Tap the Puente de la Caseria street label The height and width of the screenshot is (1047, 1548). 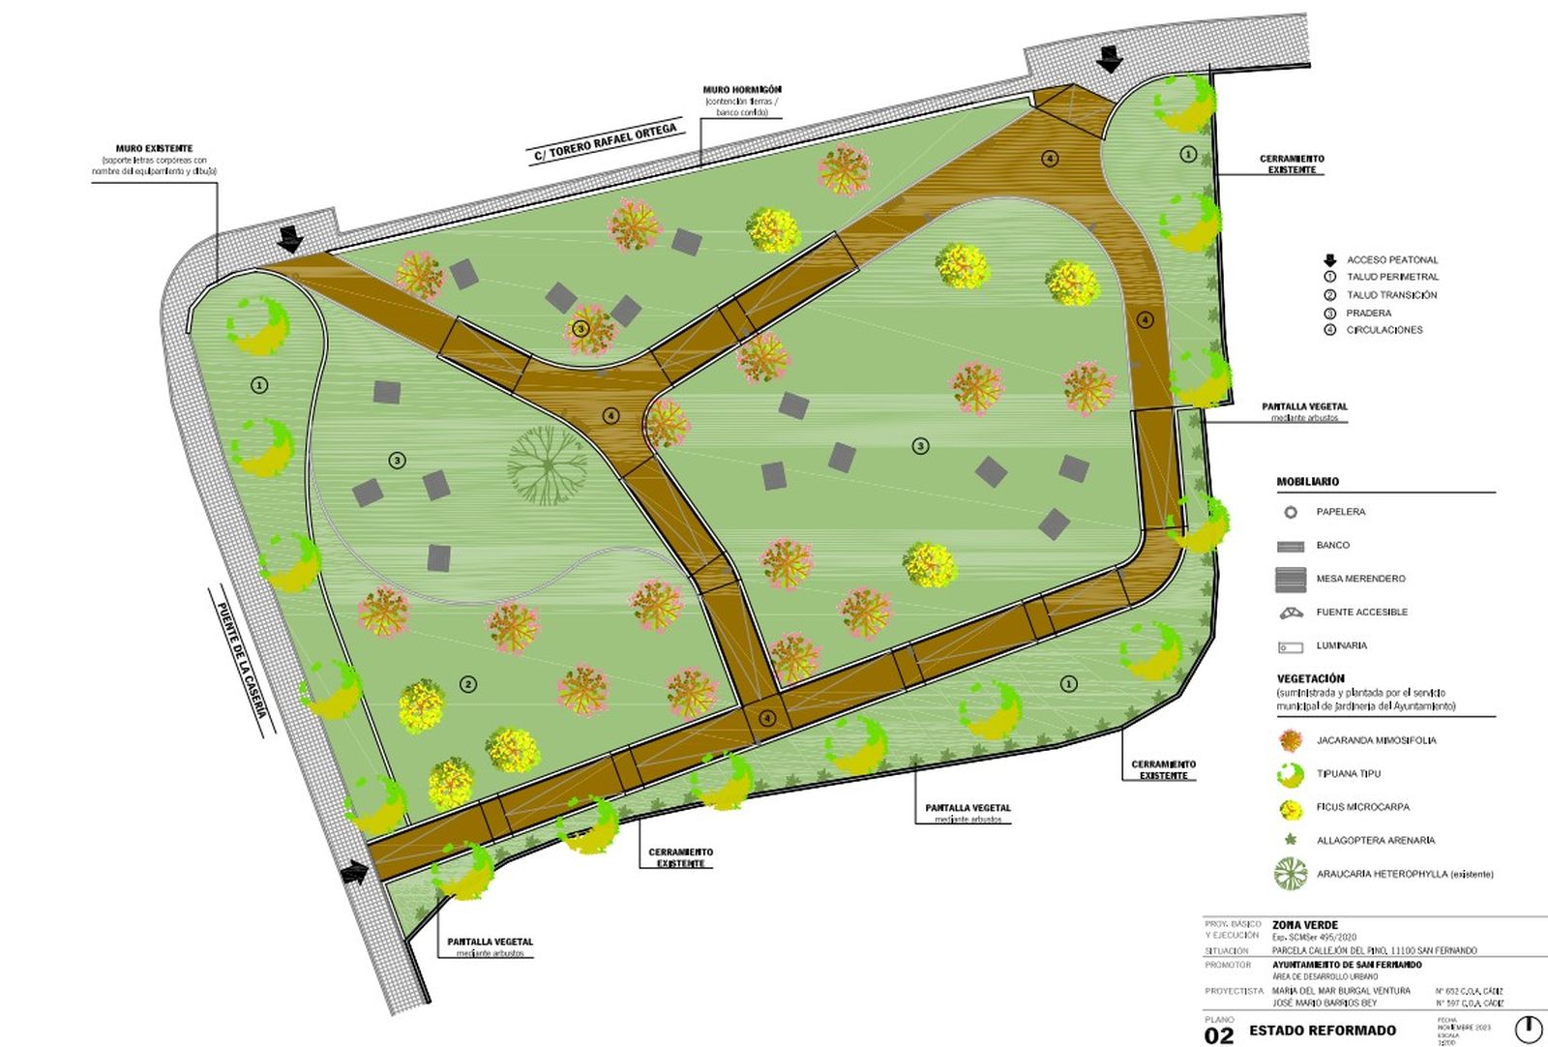[241, 660]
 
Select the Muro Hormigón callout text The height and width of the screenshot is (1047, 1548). [742, 90]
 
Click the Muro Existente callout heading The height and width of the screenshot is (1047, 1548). [154, 149]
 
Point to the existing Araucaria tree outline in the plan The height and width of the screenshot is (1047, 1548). [548, 465]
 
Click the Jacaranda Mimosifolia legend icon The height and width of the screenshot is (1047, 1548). [1290, 741]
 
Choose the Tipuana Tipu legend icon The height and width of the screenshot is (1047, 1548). [1290, 774]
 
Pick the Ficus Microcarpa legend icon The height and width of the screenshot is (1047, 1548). [1290, 808]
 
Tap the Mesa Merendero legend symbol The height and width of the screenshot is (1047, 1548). [1291, 580]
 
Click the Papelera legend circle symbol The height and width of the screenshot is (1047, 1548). [1290, 512]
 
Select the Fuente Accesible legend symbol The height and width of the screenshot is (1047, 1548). [1291, 613]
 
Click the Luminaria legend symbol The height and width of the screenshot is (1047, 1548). [1291, 646]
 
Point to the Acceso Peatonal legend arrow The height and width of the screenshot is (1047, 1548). [1330, 260]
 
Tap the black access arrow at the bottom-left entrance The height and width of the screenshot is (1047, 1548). [356, 873]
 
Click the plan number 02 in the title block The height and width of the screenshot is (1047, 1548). [1220, 1035]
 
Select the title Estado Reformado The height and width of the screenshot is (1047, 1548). [1323, 1031]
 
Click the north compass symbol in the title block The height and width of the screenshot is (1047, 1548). [1528, 1029]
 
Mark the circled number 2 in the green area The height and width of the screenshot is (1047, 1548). [468, 685]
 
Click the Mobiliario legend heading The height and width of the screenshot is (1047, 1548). [1307, 482]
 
